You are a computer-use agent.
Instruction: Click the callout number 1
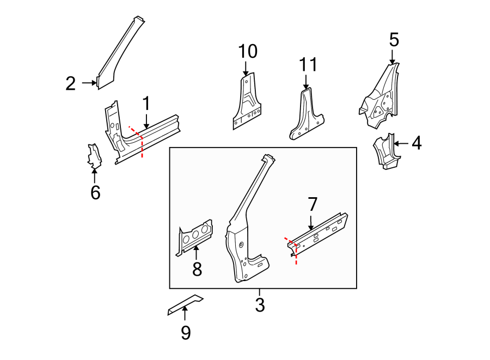pos(146,102)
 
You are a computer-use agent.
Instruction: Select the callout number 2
pos(70,84)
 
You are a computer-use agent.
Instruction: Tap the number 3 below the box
pos(260,305)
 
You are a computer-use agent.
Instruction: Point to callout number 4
pos(416,143)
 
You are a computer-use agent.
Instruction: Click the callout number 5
pos(394,39)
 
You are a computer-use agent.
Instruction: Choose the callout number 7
pos(312,204)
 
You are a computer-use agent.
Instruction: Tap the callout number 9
pos(186,332)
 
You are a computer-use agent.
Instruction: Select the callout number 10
pos(247,52)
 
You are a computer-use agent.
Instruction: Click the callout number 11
pos(307,65)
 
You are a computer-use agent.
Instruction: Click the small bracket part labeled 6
pos(95,156)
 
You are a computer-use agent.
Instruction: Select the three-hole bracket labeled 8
pos(195,235)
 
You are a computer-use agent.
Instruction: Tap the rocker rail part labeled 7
pos(321,231)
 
